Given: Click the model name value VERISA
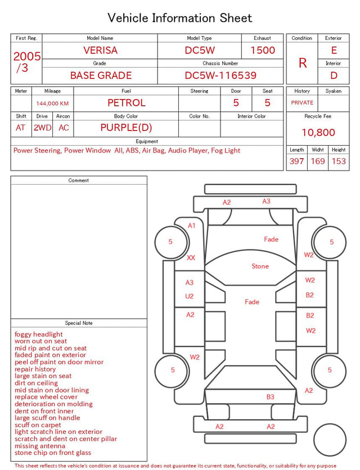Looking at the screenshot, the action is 100,50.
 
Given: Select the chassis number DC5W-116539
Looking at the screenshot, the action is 220,75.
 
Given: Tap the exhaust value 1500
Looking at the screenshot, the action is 263,50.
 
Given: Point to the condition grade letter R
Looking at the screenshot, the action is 303,63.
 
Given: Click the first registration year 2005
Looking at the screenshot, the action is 26,56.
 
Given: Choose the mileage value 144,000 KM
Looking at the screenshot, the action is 52,104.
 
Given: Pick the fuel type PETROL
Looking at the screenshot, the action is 127,103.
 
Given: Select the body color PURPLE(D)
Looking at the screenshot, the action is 126,128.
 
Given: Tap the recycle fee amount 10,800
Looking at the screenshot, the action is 318,132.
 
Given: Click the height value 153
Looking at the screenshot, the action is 339,161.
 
